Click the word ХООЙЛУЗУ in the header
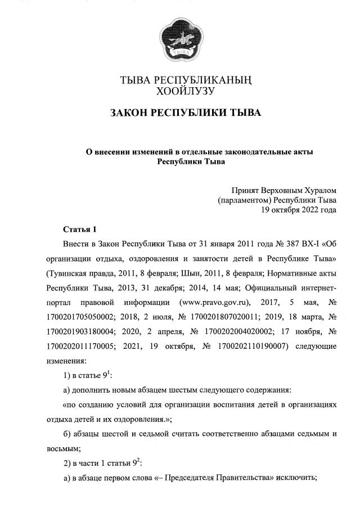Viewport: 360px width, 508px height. tap(180, 89)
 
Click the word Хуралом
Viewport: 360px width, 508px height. tap(317, 191)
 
